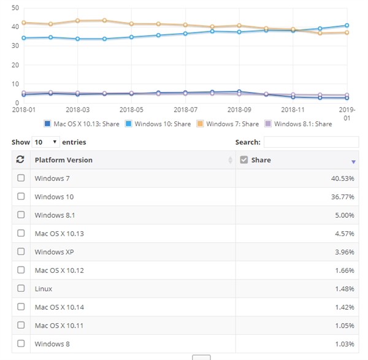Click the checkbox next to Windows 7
(21, 178)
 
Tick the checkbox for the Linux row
(21, 288)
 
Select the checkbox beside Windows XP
(21, 251)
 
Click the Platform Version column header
(64, 160)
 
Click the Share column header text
(261, 160)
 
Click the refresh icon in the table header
(20, 160)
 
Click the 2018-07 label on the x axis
(185, 109)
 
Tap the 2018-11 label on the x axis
(293, 109)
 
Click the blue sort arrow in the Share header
(353, 161)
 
